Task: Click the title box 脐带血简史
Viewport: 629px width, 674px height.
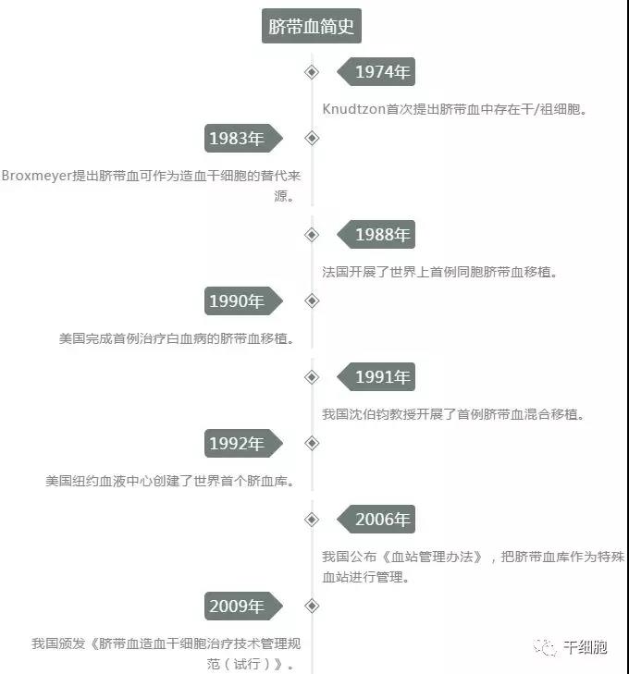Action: click(x=312, y=26)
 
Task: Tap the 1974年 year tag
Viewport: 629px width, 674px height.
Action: click(x=376, y=72)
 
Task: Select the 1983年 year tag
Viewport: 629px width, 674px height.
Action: click(x=243, y=138)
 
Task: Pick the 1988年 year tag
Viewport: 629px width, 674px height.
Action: click(x=376, y=234)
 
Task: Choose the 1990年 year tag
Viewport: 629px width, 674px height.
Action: click(x=243, y=300)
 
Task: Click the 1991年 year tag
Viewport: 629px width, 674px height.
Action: click(x=376, y=377)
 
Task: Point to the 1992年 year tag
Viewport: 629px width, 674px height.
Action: click(x=243, y=443)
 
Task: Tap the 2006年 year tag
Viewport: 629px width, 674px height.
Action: click(x=376, y=520)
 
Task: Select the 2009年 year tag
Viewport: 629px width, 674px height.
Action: click(x=243, y=607)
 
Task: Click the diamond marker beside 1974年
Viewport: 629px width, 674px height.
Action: click(x=312, y=72)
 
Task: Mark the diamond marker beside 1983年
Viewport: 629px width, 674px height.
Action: click(x=312, y=138)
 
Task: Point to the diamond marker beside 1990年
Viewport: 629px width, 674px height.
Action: click(x=312, y=300)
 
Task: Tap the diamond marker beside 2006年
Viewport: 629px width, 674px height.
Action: click(x=312, y=520)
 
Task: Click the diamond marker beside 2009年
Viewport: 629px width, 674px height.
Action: click(x=312, y=607)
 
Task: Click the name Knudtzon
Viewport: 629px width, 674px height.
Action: click(x=353, y=109)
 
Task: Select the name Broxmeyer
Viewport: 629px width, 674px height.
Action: click(x=37, y=176)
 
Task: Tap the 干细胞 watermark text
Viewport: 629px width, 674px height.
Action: click(x=586, y=646)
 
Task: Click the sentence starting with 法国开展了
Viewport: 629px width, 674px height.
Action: click(x=440, y=272)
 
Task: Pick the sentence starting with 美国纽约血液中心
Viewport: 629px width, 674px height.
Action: click(x=170, y=481)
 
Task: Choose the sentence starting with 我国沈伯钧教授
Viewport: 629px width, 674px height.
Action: click(x=453, y=414)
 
